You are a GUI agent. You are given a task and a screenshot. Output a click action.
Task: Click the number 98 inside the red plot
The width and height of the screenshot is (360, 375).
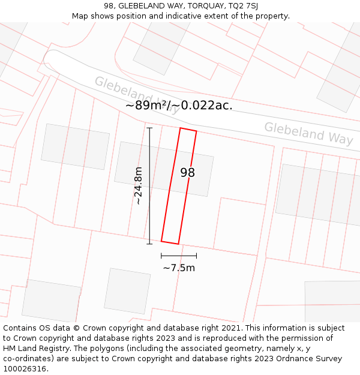click(x=188, y=173)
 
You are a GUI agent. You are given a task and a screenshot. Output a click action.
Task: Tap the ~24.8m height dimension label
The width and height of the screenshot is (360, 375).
click(x=138, y=186)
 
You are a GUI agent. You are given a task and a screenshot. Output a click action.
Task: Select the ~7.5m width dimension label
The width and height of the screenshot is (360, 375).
click(x=179, y=268)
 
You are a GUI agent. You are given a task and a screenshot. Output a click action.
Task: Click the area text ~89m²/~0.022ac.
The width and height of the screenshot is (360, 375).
click(x=179, y=105)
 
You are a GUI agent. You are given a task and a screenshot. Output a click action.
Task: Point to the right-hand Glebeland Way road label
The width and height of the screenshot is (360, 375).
click(x=308, y=133)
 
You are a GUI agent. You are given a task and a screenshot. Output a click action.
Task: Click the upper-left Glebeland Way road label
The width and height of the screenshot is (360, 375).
click(x=136, y=95)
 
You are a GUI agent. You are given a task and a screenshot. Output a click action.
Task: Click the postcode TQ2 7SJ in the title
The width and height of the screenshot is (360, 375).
click(x=243, y=6)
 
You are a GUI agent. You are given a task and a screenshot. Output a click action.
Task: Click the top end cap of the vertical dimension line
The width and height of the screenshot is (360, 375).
click(x=149, y=128)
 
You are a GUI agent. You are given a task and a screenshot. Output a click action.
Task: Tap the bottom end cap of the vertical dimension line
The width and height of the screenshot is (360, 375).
click(x=149, y=244)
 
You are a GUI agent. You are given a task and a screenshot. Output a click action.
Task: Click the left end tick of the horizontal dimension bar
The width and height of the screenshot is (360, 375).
click(x=161, y=256)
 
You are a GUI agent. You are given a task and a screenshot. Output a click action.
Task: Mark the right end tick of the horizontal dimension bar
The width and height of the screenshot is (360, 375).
click(x=196, y=256)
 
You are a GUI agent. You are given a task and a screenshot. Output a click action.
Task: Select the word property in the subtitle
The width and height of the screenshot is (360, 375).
click(x=272, y=16)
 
